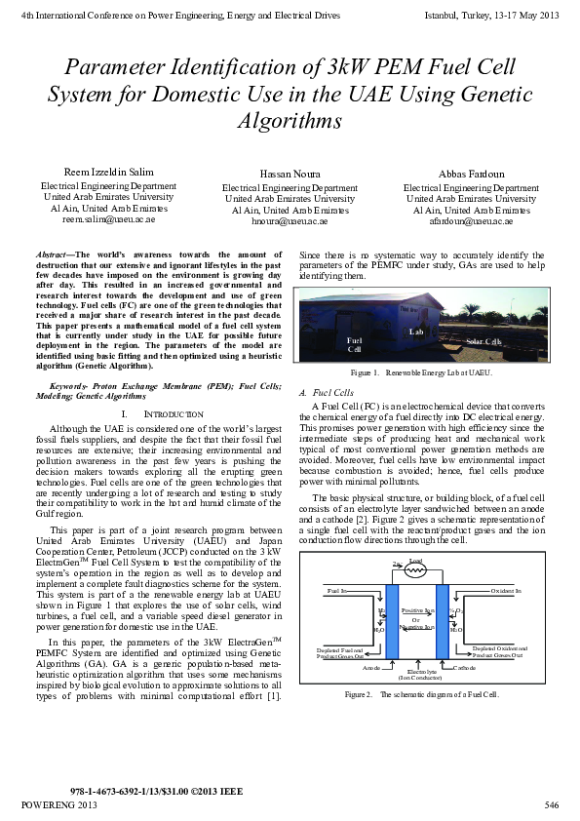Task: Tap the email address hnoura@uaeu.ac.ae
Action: (290, 222)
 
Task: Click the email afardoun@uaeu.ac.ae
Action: (471, 222)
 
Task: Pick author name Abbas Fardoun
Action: (471, 173)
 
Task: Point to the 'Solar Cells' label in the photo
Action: (483, 342)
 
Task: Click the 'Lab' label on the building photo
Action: (414, 332)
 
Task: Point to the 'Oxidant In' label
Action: (506, 591)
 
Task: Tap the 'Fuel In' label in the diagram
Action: (337, 591)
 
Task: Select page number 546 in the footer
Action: (551, 804)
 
